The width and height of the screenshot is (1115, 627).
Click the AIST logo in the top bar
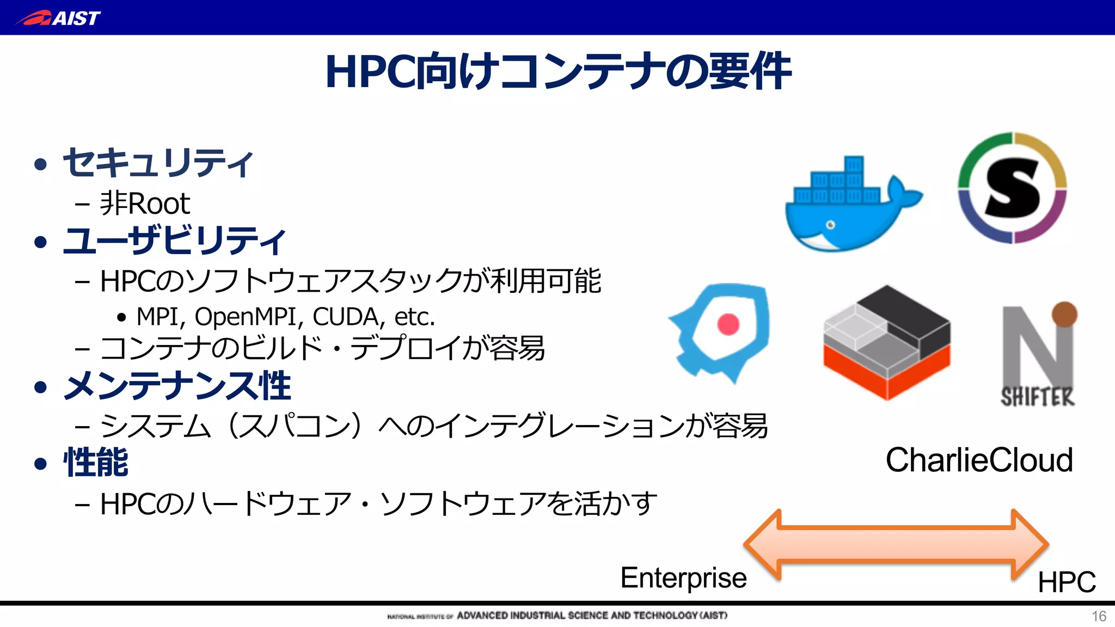(x=58, y=18)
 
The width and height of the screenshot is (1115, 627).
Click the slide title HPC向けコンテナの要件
(x=557, y=72)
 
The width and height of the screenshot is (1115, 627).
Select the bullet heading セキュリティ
(x=158, y=163)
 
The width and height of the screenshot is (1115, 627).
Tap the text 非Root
(x=145, y=204)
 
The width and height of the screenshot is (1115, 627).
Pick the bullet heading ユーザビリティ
(x=174, y=241)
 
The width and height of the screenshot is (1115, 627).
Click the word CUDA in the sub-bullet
(x=345, y=317)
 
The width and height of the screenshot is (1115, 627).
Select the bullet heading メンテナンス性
(x=177, y=386)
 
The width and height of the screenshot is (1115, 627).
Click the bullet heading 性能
(x=96, y=463)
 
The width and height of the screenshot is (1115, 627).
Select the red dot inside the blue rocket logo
(x=728, y=324)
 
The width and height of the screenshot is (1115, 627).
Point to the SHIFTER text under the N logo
(x=1038, y=397)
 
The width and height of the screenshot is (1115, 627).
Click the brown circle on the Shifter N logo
(x=1064, y=314)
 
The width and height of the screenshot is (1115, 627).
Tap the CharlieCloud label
(x=979, y=460)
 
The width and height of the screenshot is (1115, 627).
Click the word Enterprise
(x=683, y=578)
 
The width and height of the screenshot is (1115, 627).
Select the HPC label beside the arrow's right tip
(x=1067, y=582)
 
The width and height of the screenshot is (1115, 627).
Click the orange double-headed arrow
(x=896, y=544)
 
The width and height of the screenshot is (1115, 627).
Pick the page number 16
(x=1099, y=616)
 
